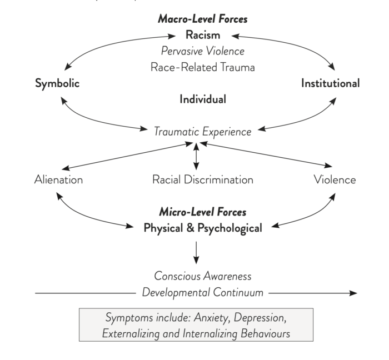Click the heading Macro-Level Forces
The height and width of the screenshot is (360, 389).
point(203,19)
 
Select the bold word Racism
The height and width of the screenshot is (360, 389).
point(203,34)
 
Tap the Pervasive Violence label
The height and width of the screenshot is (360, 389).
point(203,51)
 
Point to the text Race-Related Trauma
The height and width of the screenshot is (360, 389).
point(203,67)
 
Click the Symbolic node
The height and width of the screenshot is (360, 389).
point(57,83)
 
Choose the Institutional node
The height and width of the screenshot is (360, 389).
point(331,83)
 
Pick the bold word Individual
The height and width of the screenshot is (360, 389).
point(203,99)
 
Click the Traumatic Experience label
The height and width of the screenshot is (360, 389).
point(203,132)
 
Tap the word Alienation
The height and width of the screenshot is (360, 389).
point(58,179)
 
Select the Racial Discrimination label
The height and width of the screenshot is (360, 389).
point(203,179)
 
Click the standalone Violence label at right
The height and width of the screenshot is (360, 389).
point(335,179)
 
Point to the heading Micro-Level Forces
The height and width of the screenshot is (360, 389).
point(203,212)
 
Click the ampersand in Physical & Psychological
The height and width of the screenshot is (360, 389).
point(190,228)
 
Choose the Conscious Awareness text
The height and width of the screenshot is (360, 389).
point(203,276)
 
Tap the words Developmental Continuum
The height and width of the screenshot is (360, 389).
point(203,292)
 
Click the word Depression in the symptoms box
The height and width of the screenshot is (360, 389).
point(260,318)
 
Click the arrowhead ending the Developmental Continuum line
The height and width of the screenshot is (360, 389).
point(353,293)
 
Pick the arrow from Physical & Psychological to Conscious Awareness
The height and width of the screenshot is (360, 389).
point(196,253)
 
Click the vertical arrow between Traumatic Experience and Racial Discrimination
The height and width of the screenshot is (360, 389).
point(196,156)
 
